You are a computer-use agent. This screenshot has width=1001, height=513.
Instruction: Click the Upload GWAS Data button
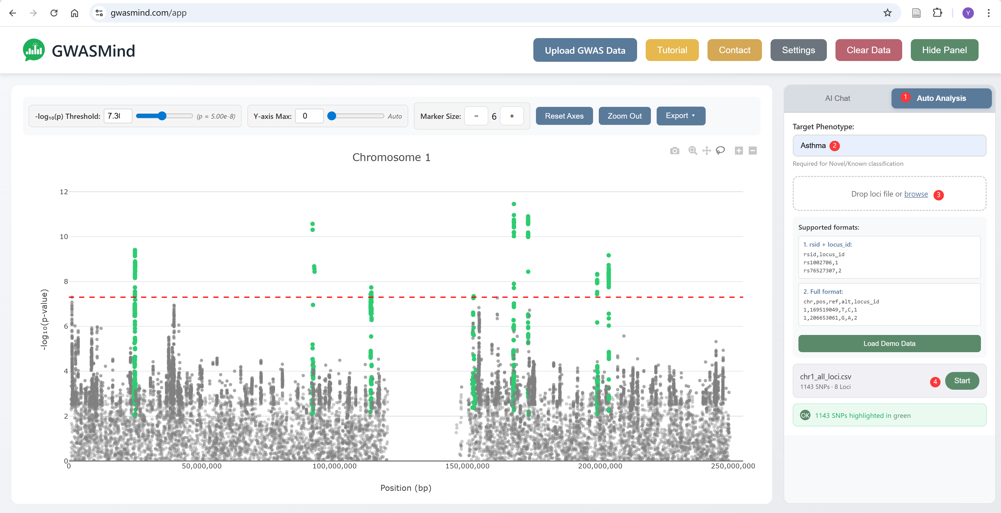click(x=584, y=50)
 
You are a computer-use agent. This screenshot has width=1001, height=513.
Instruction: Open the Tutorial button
click(x=672, y=50)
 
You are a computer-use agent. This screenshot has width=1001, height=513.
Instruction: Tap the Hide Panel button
click(x=944, y=50)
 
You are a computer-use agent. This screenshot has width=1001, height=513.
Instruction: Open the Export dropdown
click(x=680, y=116)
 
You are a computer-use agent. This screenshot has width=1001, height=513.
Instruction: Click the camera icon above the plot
click(x=675, y=151)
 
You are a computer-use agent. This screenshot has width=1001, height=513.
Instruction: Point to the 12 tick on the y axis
click(x=64, y=192)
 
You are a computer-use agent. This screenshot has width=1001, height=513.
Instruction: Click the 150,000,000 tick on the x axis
click(x=467, y=466)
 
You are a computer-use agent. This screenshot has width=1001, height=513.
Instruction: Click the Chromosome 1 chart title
click(x=391, y=157)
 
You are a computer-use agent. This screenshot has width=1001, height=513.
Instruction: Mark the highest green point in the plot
click(x=514, y=204)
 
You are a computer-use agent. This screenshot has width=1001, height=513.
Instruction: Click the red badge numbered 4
click(x=935, y=382)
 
